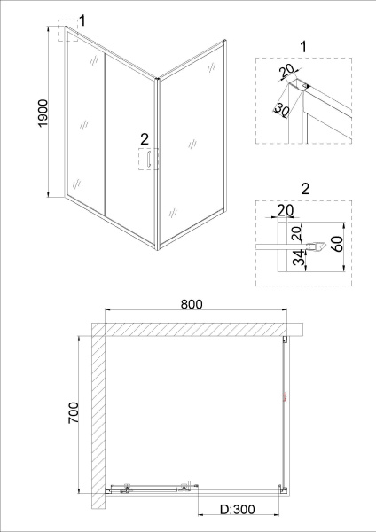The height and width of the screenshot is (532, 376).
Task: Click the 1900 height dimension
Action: click(43, 113)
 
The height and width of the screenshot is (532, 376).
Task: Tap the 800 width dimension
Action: click(192, 304)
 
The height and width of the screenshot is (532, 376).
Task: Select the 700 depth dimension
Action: click(74, 412)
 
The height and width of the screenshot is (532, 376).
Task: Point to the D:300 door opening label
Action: click(238, 509)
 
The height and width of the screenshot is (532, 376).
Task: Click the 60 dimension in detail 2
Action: click(336, 243)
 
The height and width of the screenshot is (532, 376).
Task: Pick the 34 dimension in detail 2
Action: click(299, 259)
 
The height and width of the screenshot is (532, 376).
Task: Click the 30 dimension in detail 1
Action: click(281, 109)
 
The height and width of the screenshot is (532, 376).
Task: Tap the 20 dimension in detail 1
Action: click(286, 72)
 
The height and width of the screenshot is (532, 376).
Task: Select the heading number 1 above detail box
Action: click(303, 46)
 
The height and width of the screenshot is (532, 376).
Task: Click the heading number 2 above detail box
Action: click(305, 189)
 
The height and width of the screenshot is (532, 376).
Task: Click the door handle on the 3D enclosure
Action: click(148, 159)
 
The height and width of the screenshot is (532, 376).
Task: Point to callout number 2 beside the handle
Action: click(145, 139)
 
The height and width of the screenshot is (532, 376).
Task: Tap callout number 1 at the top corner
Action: click(82, 20)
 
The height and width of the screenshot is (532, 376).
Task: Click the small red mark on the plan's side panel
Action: click(285, 396)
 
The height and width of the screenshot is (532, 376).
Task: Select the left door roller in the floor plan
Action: click(127, 488)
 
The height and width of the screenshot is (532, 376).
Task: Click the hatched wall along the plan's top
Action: click(197, 330)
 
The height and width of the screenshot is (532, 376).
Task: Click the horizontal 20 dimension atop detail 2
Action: click(286, 210)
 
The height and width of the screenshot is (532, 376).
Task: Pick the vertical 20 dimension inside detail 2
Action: click(296, 234)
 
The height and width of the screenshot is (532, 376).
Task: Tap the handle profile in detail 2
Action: click(317, 246)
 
